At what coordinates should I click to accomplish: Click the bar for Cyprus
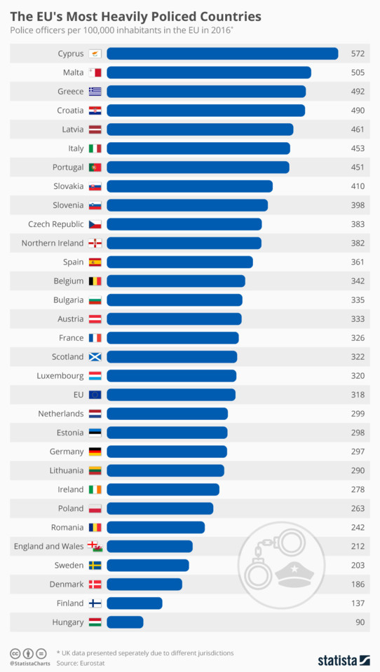(222, 54)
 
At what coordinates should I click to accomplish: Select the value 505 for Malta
(358, 73)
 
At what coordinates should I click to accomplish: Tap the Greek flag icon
(95, 92)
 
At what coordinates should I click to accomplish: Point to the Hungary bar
(125, 622)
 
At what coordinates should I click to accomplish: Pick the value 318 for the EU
(358, 395)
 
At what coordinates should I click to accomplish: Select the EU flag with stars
(95, 395)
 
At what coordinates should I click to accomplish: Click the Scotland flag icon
(95, 357)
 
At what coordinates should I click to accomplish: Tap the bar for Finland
(135, 603)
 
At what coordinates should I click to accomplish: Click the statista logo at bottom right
(344, 660)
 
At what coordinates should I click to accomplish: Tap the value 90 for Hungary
(360, 622)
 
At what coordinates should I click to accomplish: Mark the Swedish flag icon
(95, 565)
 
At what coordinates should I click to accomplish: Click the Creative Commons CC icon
(15, 652)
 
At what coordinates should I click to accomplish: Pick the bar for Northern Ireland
(184, 243)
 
